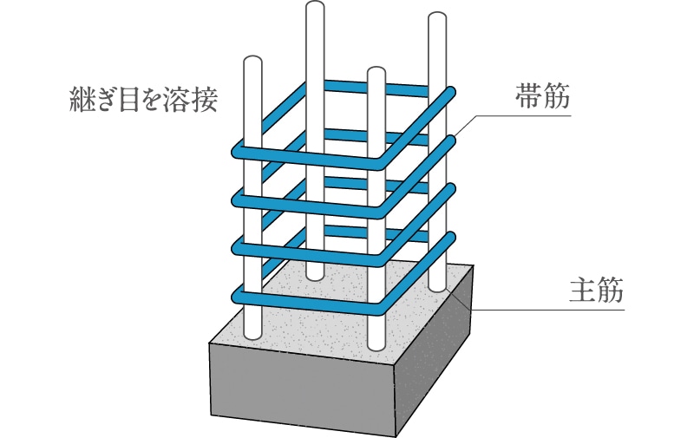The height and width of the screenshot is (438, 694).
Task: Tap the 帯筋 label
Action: [543, 98]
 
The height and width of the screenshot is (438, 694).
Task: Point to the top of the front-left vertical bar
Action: [252, 62]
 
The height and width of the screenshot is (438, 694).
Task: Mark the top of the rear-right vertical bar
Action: [437, 18]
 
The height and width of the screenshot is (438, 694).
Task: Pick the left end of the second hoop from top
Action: [236, 201]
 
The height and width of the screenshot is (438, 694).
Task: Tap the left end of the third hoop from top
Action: [236, 249]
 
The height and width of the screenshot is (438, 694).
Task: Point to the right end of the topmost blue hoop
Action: [452, 91]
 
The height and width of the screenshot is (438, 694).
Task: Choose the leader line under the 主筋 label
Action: [555, 308]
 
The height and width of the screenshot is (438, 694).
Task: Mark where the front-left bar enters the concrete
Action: [252, 335]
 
